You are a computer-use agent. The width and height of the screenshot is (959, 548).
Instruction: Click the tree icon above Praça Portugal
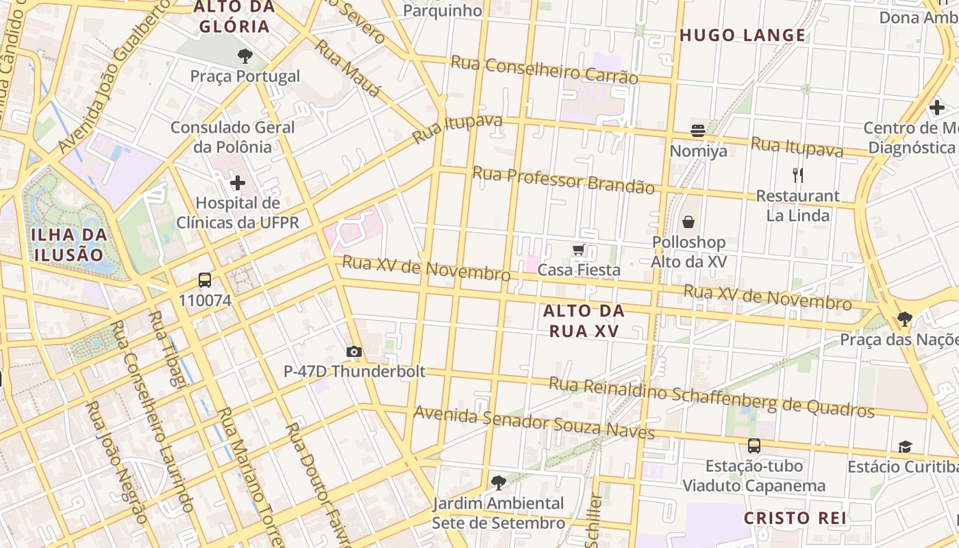tap(245, 56)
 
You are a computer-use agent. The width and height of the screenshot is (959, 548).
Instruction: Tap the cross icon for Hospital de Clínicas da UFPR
tap(238, 183)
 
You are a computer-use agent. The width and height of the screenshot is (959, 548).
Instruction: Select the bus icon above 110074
tap(205, 280)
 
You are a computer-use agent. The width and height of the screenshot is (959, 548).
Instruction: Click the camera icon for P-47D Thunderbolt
tap(354, 352)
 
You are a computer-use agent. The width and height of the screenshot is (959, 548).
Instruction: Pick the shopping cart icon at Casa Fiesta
tap(579, 250)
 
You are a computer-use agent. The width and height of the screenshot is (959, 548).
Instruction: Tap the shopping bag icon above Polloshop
tap(688, 222)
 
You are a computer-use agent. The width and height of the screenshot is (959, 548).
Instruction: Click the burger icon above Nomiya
tap(698, 131)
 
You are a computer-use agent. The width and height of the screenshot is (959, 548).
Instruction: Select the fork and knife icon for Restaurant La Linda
tap(797, 175)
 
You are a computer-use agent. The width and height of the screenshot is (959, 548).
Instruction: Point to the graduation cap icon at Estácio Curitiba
tap(905, 447)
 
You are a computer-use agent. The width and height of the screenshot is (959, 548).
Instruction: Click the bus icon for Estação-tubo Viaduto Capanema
tap(754, 446)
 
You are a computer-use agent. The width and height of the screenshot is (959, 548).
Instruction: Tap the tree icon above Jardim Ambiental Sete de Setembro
tap(499, 483)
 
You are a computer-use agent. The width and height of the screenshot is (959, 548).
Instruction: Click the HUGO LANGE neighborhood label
tap(743, 36)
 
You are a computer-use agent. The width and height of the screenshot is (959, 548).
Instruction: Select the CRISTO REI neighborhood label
tap(795, 518)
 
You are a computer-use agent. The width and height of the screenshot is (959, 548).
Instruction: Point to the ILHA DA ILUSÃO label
tap(69, 245)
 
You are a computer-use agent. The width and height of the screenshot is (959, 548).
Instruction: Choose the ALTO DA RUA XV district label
tap(584, 321)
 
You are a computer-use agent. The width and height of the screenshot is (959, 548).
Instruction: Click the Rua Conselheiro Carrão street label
tap(544, 70)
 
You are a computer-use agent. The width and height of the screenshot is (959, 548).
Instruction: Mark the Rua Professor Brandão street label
tap(563, 179)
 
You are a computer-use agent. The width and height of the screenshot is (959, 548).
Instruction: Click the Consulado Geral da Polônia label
tap(232, 137)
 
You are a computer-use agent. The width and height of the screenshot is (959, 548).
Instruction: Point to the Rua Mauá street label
tap(347, 70)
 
